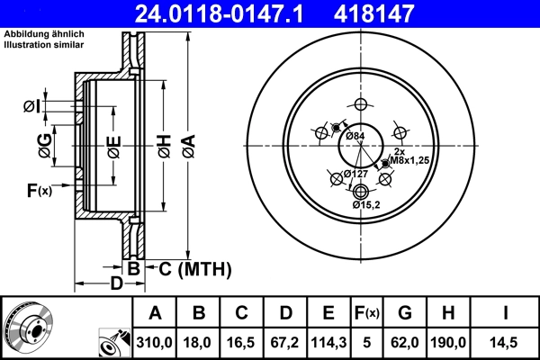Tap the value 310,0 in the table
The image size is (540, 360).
coord(155,343)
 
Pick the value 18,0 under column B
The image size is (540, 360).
coord(199,343)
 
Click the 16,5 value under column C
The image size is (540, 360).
coord(242,343)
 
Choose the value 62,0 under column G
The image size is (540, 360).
coord(404,343)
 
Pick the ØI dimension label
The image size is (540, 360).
coord(31,107)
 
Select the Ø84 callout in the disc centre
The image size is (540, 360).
coord(357,136)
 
